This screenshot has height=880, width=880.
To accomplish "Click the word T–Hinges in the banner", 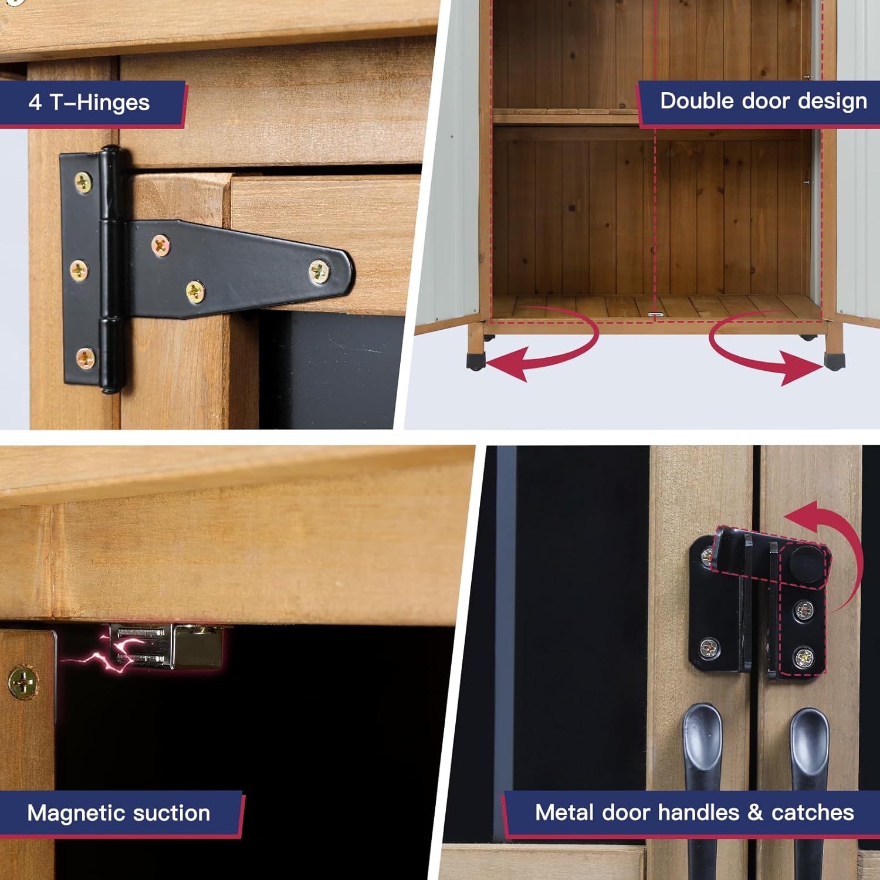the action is coord(100,103).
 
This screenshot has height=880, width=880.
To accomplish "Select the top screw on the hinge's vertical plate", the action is coord(83,182).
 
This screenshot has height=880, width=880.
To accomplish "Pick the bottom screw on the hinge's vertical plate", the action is coord(86,358).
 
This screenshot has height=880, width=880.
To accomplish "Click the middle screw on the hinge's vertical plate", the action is coord(79,270).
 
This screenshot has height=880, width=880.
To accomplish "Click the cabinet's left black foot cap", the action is coord(476,360).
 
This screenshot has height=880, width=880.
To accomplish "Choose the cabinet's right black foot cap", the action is coord(834,360).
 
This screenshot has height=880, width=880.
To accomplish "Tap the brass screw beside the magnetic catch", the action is coord(23,683).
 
